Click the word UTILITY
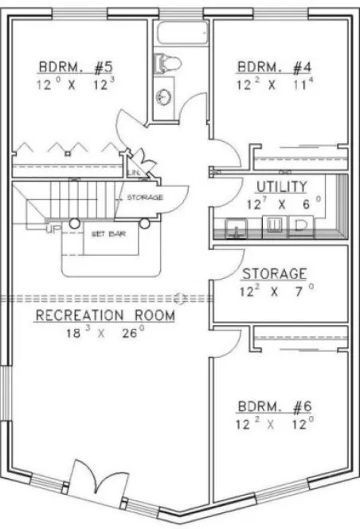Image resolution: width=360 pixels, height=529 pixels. tap(281, 186)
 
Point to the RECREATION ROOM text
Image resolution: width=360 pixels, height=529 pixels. tap(104, 316)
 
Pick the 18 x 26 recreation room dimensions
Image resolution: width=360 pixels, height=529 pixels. tap(104, 334)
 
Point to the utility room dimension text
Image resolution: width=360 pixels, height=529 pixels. tap(281, 202)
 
